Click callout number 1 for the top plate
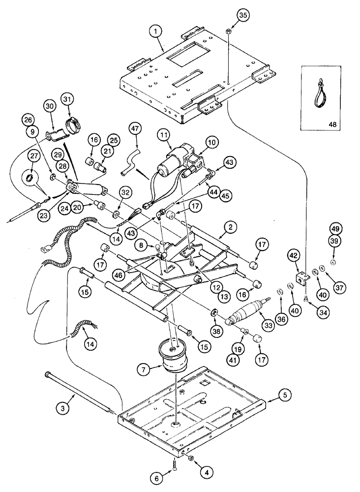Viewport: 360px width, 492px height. point(155,32)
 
